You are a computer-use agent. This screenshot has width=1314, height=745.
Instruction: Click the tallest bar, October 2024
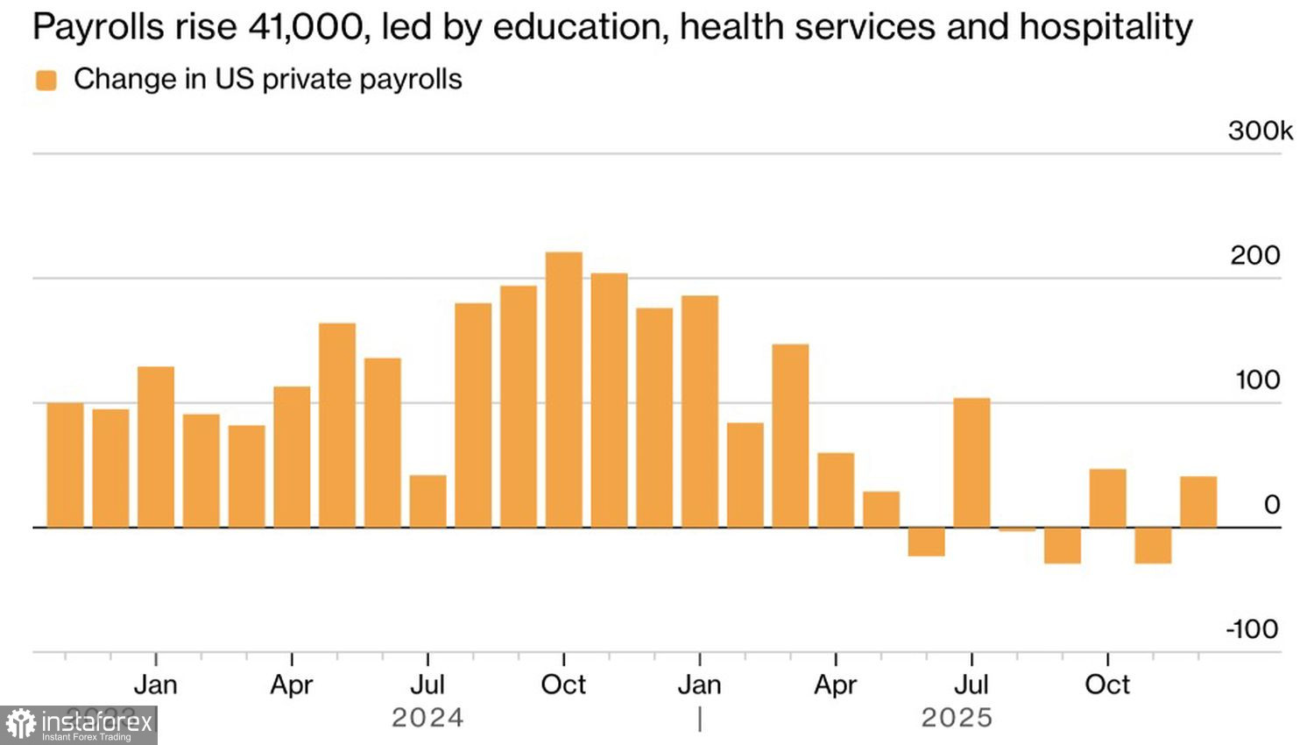[x=563, y=390]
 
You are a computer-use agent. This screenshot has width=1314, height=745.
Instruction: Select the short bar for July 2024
[x=427, y=501]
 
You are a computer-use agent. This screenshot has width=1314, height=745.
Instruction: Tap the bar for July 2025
[x=971, y=463]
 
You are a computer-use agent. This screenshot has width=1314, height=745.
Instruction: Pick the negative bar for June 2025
[x=926, y=542]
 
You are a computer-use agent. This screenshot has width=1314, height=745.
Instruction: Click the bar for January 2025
[x=700, y=412]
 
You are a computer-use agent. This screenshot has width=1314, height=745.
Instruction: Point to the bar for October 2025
[x=1107, y=498]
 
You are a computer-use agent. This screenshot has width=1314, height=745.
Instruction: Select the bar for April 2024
[x=292, y=457]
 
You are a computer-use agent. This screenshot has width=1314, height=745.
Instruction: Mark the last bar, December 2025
[x=1198, y=502]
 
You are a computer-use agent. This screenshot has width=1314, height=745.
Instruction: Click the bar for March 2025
[x=790, y=436]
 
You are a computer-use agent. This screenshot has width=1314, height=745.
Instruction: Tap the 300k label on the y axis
[x=1260, y=131]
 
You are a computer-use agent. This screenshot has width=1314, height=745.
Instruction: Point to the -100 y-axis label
[x=1253, y=629]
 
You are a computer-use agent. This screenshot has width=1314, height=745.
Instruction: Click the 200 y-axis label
[x=1254, y=256]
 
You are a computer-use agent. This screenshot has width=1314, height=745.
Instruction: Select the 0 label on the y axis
[x=1272, y=505]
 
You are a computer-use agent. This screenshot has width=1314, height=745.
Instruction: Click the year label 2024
[x=427, y=718]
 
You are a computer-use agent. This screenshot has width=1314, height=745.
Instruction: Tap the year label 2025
[x=957, y=718]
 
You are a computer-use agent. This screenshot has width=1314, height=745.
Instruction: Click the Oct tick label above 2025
[x=1107, y=685]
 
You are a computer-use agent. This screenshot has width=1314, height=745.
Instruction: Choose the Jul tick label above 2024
[x=427, y=685]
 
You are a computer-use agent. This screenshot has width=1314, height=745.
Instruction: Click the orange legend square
[x=46, y=81]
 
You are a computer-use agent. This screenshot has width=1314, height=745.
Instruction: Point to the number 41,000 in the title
[x=306, y=27]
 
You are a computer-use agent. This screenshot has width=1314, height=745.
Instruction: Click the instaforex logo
[x=79, y=725]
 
